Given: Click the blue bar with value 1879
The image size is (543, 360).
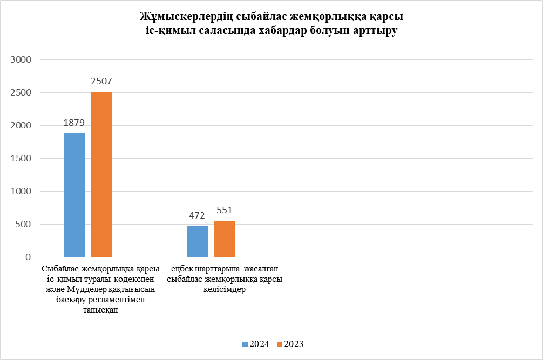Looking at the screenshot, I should [74, 195].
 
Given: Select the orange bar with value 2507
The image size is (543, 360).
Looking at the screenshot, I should [101, 174].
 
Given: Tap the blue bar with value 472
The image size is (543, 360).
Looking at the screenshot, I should [197, 241].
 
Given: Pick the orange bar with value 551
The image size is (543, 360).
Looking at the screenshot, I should [225, 239].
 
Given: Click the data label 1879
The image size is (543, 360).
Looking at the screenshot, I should [74, 123].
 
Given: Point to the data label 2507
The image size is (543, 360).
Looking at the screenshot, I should [101, 81].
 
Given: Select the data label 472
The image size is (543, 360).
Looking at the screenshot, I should [197, 215].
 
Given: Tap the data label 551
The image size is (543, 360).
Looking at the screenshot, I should [225, 210].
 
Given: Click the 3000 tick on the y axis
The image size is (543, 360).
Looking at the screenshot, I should [22, 60].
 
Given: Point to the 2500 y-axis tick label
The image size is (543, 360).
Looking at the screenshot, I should [22, 93].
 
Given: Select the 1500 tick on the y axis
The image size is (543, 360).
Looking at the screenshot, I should [22, 159].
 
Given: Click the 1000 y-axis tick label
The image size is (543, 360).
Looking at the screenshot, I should [22, 192].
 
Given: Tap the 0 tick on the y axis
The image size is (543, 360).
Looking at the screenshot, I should [29, 257].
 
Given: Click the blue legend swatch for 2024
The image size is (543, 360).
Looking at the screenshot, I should [245, 344].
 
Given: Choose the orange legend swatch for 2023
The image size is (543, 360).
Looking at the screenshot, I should [279, 344].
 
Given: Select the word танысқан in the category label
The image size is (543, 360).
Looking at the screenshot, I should [101, 310].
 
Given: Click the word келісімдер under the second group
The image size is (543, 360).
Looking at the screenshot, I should [225, 290].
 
